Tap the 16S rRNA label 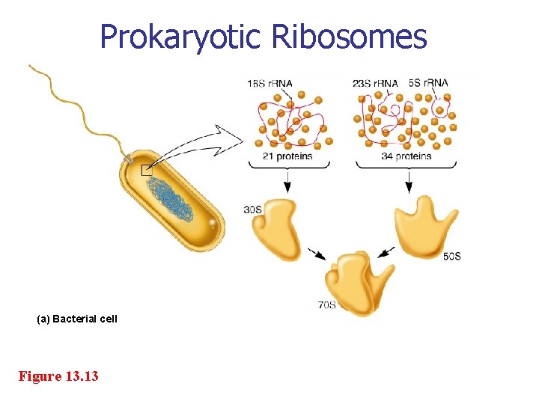pyautogui.click(x=269, y=83)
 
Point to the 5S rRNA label pyautogui.click(x=429, y=83)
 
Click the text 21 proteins pyautogui.click(x=287, y=156)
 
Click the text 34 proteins pyautogui.click(x=406, y=156)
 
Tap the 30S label pyautogui.click(x=252, y=209)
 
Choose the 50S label pyautogui.click(x=452, y=257)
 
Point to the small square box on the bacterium pyautogui.click(x=147, y=170)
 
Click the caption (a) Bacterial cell pyautogui.click(x=77, y=319)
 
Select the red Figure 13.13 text pyautogui.click(x=58, y=376)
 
